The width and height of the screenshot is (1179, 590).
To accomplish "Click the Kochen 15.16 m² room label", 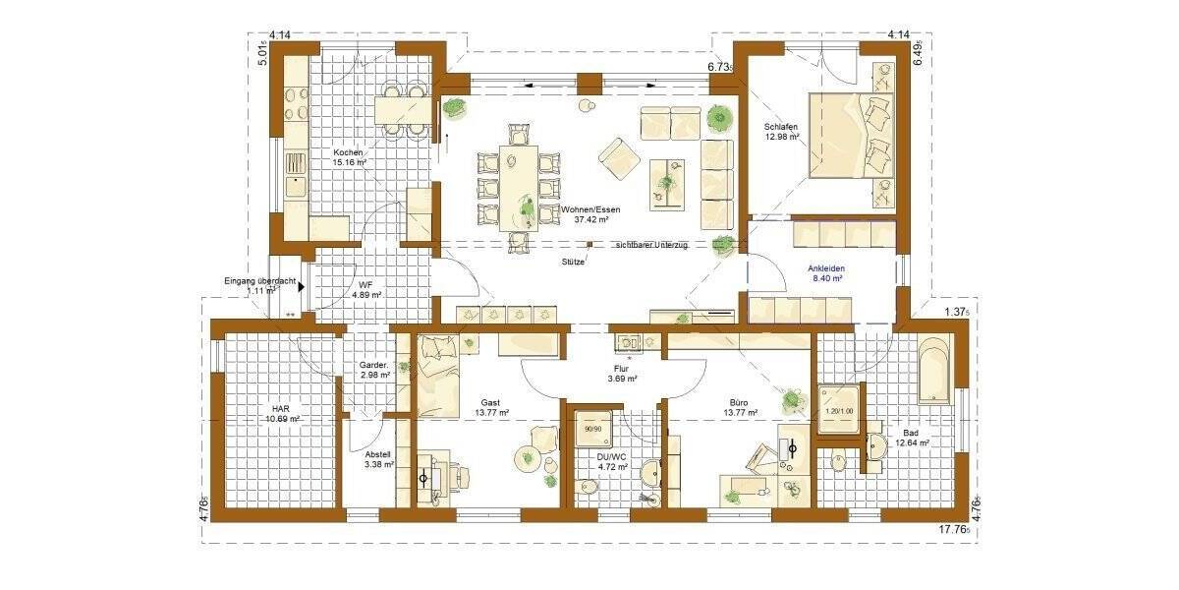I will (x=349, y=160).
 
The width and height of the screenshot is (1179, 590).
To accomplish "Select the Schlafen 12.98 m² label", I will (x=784, y=132).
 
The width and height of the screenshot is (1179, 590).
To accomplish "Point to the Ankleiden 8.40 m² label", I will (x=826, y=273).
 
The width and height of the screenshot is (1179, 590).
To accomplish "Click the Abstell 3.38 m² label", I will (x=378, y=458).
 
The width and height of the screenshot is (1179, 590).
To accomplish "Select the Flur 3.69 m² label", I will (x=622, y=374).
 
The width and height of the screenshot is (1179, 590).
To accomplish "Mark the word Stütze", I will (x=573, y=262).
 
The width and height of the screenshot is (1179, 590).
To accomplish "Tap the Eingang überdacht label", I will (x=260, y=286).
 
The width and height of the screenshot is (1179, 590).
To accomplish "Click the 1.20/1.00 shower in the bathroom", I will (x=839, y=410).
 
